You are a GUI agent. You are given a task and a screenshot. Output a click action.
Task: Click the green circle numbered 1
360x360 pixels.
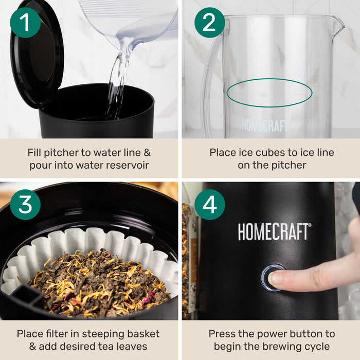(x=25, y=22)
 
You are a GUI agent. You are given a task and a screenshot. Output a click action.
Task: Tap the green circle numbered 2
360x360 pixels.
(x=209, y=22)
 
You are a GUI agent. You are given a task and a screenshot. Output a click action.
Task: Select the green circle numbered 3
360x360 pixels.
(x=25, y=204)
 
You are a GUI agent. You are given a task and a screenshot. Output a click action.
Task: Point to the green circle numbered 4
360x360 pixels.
(x=209, y=204)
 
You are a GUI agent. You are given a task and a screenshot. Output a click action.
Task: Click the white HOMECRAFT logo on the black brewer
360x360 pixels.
(x=274, y=231)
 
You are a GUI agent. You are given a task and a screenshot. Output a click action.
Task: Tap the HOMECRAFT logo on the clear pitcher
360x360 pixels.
(x=265, y=125)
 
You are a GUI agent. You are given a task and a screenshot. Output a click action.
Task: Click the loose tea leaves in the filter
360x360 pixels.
(x=98, y=280)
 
